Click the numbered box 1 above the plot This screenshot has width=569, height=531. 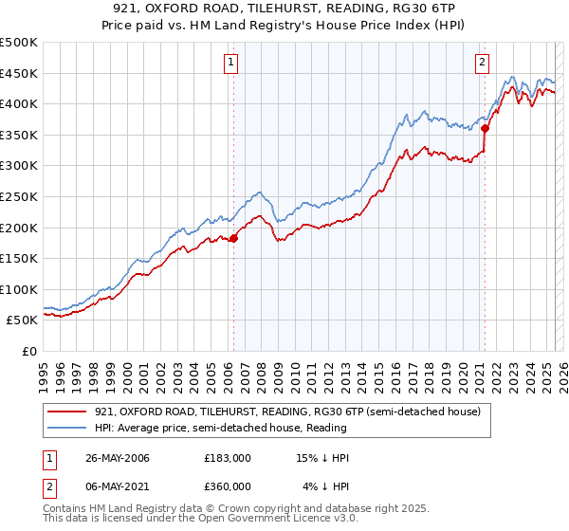231,64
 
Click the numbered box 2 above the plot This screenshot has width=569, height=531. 482,64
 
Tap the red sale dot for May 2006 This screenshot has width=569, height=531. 233,239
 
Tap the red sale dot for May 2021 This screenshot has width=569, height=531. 485,128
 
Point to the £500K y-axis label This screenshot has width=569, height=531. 19,43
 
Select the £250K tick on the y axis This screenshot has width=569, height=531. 19,196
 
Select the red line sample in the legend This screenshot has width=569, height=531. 68,412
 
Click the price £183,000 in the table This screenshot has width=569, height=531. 228,458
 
